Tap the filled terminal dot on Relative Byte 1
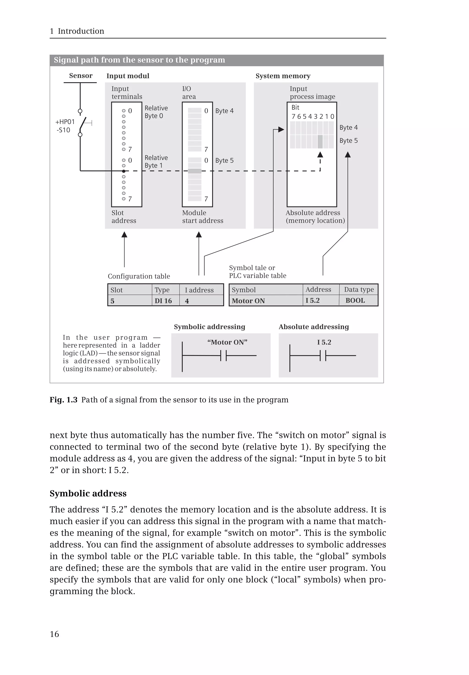pyautogui.click(x=124, y=171)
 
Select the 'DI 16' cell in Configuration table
pyautogui.click(x=163, y=301)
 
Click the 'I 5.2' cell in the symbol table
pyautogui.click(x=313, y=301)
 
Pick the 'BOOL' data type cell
pyautogui.click(x=355, y=301)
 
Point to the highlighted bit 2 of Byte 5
pyautogui.click(x=320, y=142)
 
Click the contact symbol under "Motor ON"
pyautogui.click(x=223, y=355)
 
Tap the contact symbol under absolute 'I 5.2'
pyautogui.click(x=323, y=355)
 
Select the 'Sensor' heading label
pyautogui.click(x=81, y=76)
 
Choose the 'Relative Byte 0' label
pyautogui.click(x=156, y=112)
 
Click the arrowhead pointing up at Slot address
pyautogui.click(x=124, y=234)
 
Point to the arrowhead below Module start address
pyautogui.click(x=199, y=234)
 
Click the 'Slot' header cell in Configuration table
pyautogui.click(x=117, y=290)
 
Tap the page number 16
pyautogui.click(x=54, y=634)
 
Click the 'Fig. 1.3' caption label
pyautogui.click(x=63, y=400)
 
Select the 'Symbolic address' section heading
pyautogui.click(x=88, y=493)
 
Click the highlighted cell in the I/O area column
pyautogui.click(x=194, y=171)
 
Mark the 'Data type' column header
pyautogui.click(x=359, y=289)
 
